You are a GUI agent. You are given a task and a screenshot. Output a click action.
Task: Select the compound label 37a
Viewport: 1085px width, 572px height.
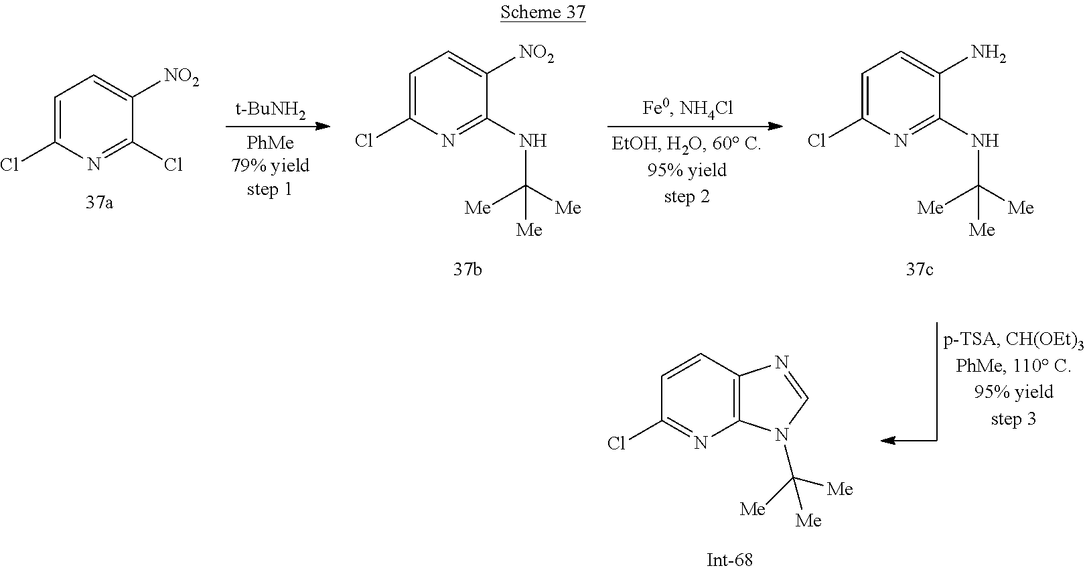[x=98, y=202]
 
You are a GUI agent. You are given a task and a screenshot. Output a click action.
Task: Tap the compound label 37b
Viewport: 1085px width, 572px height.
[x=467, y=269]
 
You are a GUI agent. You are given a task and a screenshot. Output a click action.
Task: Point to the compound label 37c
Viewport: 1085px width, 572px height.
[x=920, y=269]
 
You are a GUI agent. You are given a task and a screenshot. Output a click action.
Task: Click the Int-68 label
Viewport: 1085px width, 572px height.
[x=729, y=559]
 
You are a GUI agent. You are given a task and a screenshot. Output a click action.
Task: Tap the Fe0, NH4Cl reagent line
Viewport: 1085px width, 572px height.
[x=687, y=109]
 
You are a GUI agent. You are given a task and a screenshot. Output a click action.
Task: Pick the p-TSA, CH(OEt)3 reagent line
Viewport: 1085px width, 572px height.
[x=1013, y=340]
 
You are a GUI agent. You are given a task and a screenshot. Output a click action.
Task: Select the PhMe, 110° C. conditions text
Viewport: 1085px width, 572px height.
[x=1013, y=366]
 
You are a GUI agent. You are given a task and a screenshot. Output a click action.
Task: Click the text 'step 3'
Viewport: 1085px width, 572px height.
[x=1013, y=419]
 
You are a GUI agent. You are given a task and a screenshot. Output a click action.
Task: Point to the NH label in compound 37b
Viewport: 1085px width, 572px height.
[x=533, y=141]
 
